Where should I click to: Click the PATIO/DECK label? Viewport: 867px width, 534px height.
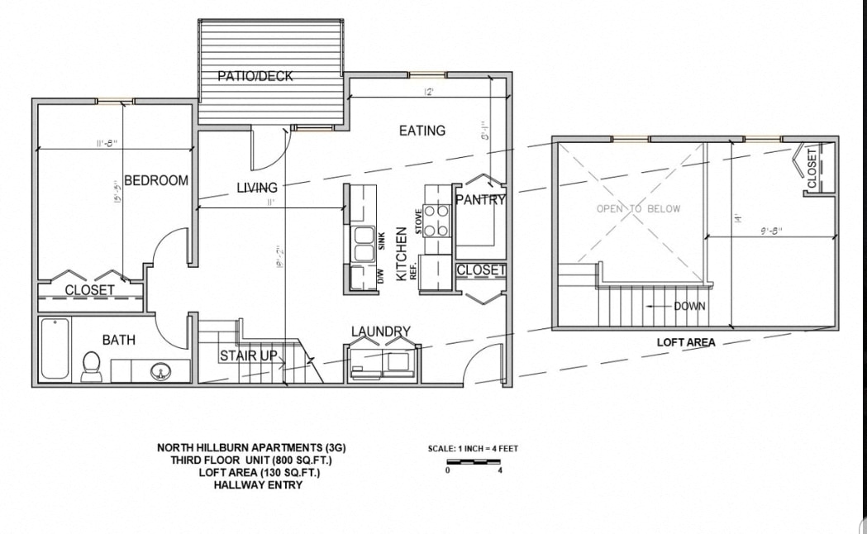[x=255, y=76]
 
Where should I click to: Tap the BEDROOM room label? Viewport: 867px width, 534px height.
[x=156, y=180]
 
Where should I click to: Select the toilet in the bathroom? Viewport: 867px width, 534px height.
[x=91, y=365]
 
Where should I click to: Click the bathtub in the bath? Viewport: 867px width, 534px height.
[x=55, y=348]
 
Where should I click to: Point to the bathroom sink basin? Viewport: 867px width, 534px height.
[x=160, y=371]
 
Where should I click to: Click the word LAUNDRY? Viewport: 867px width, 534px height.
[x=381, y=331]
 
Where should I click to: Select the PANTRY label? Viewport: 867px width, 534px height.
[x=480, y=199]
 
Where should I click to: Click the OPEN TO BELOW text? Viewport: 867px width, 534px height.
[x=638, y=209]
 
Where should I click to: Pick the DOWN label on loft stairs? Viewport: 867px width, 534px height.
[x=689, y=306]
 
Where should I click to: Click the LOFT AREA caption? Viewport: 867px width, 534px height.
[x=686, y=342]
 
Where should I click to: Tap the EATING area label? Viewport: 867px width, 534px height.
[x=422, y=131]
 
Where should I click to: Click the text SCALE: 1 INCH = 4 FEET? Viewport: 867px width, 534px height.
[x=473, y=449]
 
